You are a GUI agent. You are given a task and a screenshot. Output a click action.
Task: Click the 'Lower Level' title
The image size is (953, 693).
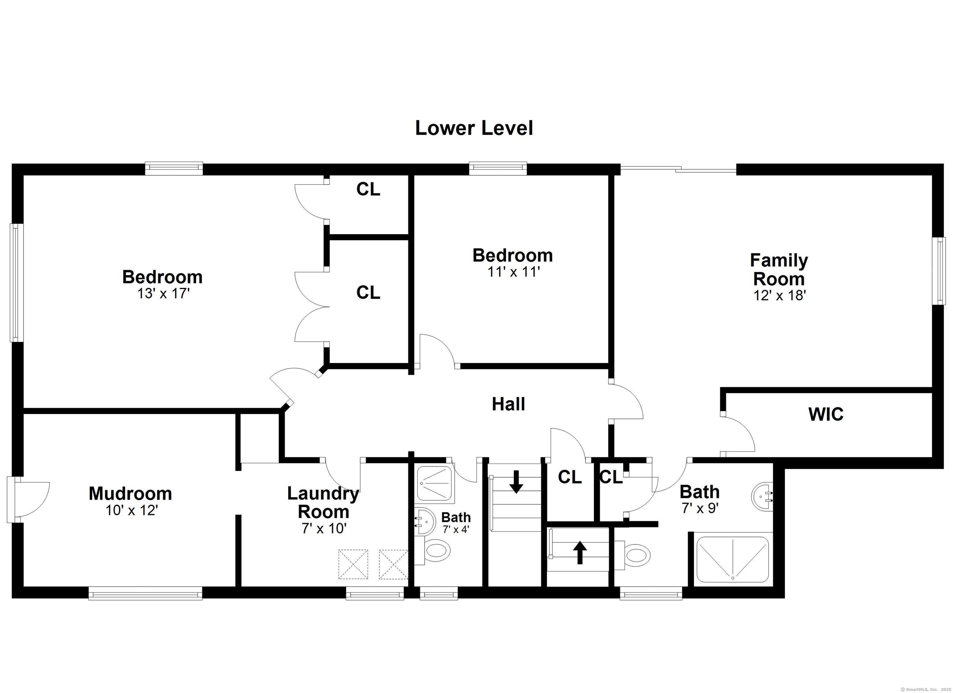pyautogui.click(x=474, y=128)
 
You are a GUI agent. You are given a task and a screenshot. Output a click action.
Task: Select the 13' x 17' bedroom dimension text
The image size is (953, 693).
pyautogui.click(x=164, y=293)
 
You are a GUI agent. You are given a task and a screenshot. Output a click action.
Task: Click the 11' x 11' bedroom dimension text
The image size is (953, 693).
pyautogui.click(x=513, y=272)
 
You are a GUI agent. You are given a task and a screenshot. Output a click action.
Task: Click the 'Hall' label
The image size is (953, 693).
pyautogui.click(x=508, y=404)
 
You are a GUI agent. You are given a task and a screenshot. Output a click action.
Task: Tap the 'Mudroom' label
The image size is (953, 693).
pyautogui.click(x=130, y=493)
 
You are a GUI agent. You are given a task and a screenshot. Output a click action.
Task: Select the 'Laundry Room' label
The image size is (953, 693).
pyautogui.click(x=323, y=503)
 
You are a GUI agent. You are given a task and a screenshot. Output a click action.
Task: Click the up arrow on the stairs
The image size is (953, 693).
pyautogui.click(x=580, y=552)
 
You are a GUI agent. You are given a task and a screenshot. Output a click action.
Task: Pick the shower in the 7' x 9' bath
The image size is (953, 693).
pyautogui.click(x=733, y=560)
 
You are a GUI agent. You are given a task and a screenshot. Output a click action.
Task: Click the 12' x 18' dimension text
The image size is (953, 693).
pyautogui.click(x=779, y=295)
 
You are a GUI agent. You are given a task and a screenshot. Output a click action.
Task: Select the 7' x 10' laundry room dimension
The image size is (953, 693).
pyautogui.click(x=324, y=528)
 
